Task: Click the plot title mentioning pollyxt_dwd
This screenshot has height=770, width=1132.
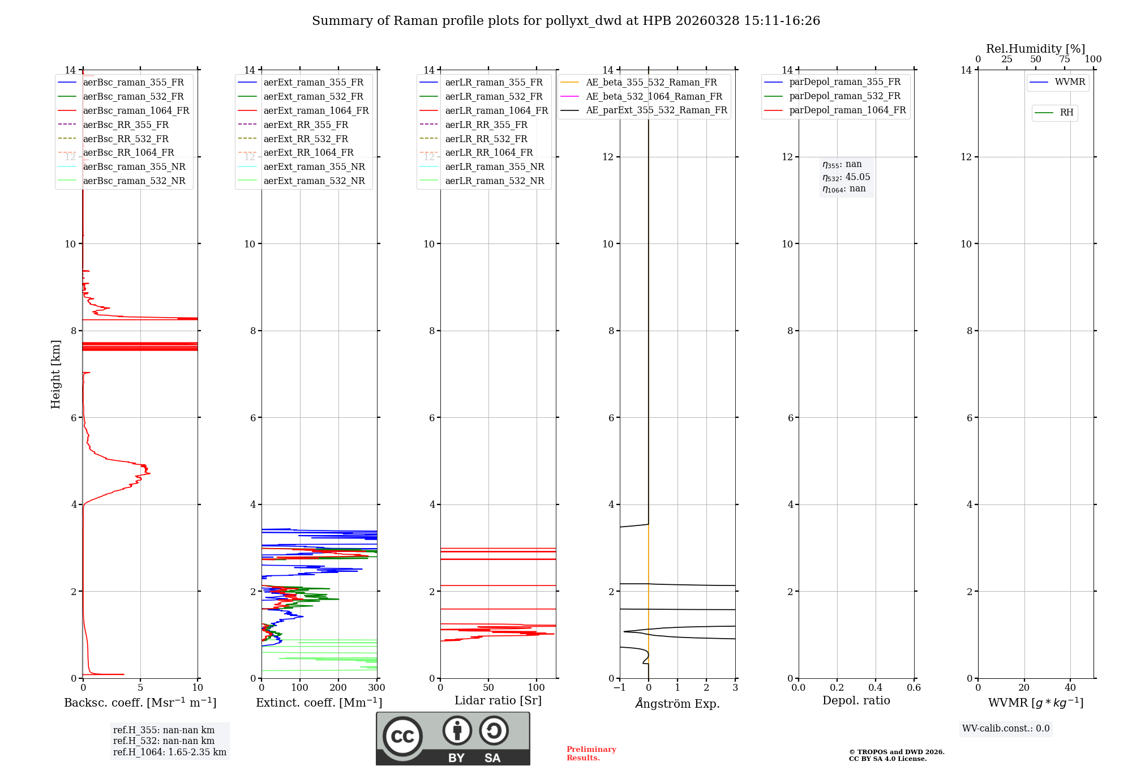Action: (566, 21)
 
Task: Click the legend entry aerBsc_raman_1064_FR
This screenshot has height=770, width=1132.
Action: (136, 110)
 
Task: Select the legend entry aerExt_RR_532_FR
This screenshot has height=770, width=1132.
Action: (306, 139)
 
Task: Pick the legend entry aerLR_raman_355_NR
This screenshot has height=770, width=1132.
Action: (494, 166)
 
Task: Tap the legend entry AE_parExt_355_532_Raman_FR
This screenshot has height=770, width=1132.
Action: (656, 110)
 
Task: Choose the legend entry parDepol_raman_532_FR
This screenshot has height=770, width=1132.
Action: (844, 96)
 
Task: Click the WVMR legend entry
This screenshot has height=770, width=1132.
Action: (1069, 82)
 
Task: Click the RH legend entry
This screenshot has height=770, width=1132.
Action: (1066, 113)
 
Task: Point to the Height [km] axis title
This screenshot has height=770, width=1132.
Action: (55, 374)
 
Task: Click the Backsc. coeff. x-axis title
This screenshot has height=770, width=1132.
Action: (140, 703)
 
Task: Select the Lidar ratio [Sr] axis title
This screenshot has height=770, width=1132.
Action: (498, 700)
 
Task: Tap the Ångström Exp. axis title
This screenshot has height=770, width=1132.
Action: (678, 703)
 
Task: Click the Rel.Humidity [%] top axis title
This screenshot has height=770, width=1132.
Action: (1035, 49)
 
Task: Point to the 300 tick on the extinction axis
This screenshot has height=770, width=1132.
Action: (376, 687)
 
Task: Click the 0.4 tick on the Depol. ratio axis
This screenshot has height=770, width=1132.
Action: (875, 687)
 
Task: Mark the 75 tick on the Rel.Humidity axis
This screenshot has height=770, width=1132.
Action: (1064, 59)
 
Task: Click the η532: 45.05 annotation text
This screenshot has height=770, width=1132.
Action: (846, 177)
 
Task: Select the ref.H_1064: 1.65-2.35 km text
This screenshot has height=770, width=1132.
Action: (169, 752)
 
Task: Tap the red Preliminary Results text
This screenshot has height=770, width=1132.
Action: (591, 753)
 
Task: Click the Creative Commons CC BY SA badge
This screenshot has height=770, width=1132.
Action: (453, 738)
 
